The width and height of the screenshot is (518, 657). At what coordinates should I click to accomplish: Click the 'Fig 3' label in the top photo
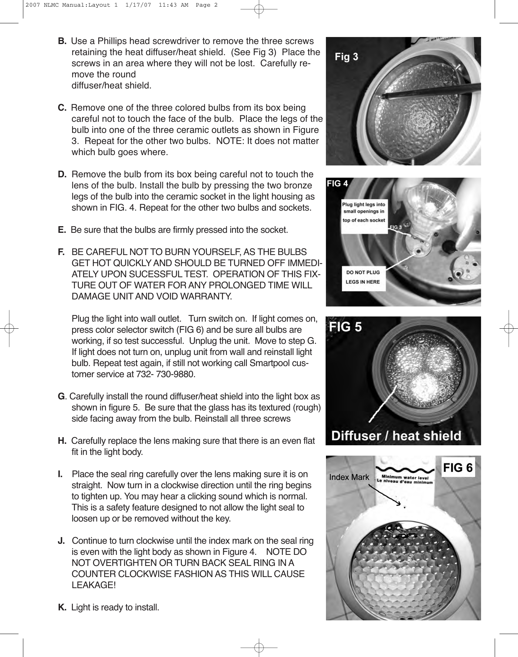[x=346, y=57]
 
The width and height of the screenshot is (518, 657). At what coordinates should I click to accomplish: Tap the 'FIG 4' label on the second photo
[x=337, y=183]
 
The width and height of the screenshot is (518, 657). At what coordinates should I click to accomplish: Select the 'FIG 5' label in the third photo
[x=346, y=327]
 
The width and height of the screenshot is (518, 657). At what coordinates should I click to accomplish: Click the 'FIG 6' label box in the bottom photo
[x=458, y=468]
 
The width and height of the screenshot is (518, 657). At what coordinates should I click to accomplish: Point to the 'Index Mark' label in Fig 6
[x=349, y=477]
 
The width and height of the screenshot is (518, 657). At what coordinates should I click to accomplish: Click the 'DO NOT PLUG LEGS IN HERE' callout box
[x=363, y=277]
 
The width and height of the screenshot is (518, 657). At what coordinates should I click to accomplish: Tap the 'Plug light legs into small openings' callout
[x=364, y=212]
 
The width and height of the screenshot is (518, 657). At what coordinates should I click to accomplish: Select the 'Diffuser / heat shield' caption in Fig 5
[x=396, y=435]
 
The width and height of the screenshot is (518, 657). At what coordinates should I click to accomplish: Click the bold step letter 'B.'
[x=62, y=41]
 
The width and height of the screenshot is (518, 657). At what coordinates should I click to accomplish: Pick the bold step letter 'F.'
[x=61, y=252]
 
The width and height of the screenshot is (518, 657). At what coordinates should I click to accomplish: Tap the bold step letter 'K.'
[x=63, y=607]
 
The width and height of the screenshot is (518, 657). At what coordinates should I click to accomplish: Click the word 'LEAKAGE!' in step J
[x=93, y=585]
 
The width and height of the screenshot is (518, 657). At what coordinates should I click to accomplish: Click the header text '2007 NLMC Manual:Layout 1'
[x=68, y=5]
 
